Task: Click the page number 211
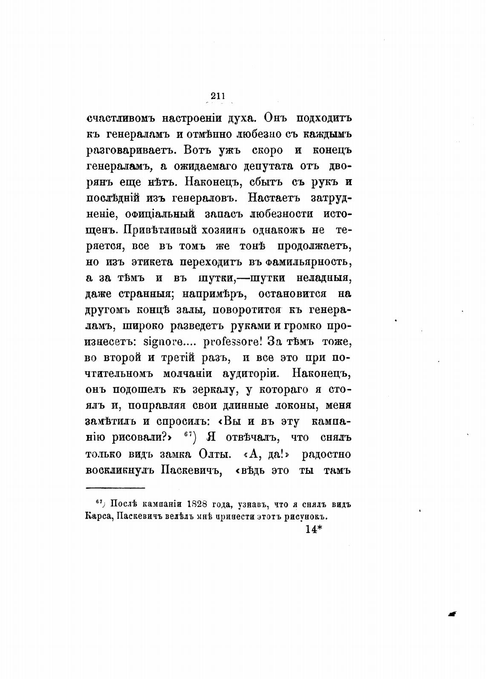click(x=217, y=96)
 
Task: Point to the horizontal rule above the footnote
click(x=116, y=487)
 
